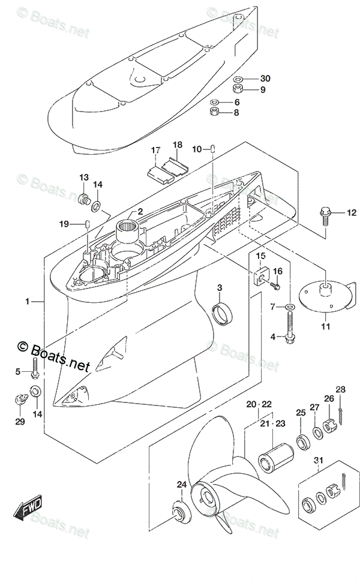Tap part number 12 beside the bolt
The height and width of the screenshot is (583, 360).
click(351, 212)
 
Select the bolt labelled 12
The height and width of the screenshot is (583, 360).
click(326, 214)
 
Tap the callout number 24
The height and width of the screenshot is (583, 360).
click(181, 485)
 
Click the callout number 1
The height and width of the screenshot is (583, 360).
click(27, 302)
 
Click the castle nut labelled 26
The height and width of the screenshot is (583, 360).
click(329, 427)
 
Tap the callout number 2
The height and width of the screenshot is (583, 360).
click(139, 211)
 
